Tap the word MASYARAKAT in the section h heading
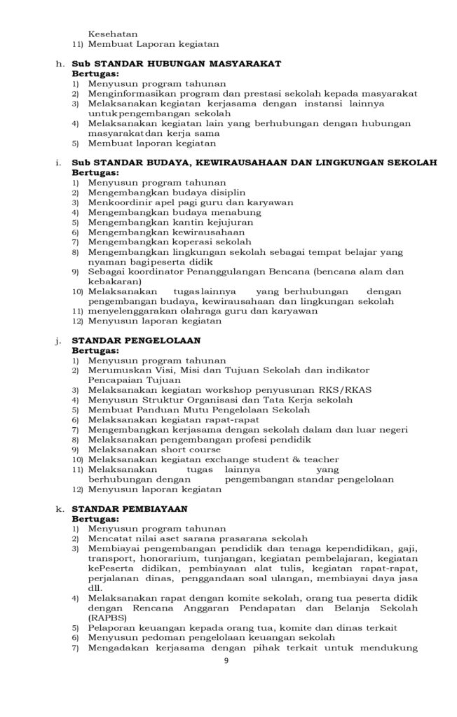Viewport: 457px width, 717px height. point(240,63)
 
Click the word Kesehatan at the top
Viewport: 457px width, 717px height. point(113,33)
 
